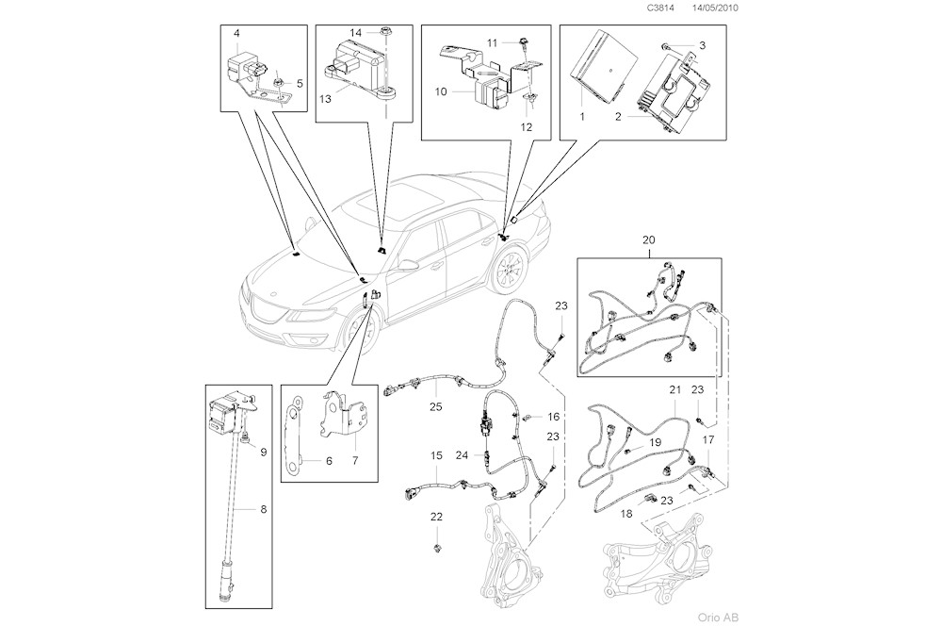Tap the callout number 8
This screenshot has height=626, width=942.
point(263,508)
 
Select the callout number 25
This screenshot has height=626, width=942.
point(435,406)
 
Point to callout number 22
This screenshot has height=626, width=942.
point(436,516)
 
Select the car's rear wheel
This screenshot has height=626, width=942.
point(506,272)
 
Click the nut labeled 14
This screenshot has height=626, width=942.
point(387,35)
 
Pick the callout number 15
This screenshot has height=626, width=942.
point(436,455)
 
